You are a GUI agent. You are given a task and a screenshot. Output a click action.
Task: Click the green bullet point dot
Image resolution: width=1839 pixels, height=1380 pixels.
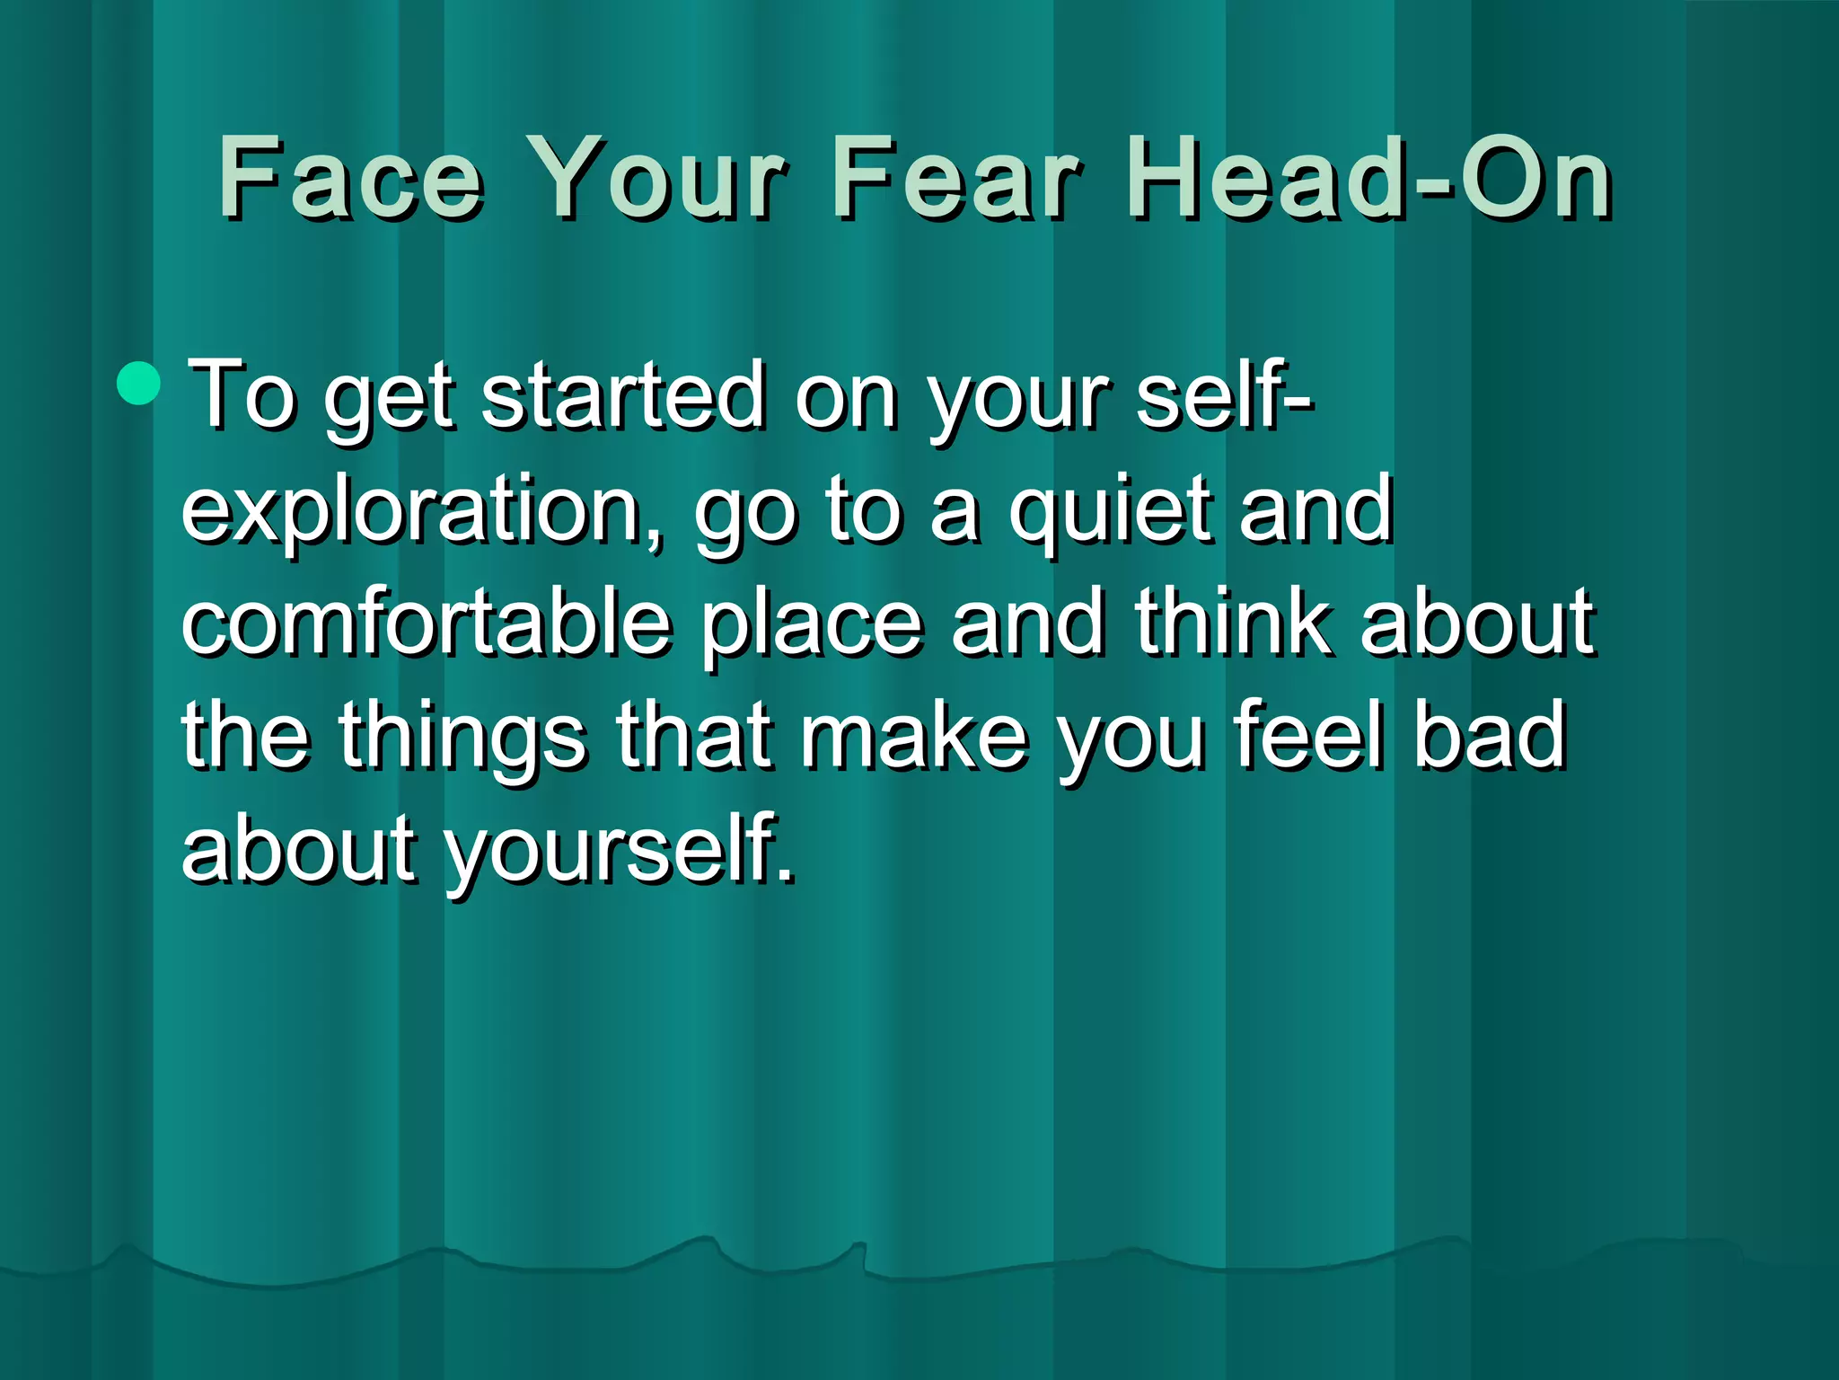[138, 382]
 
